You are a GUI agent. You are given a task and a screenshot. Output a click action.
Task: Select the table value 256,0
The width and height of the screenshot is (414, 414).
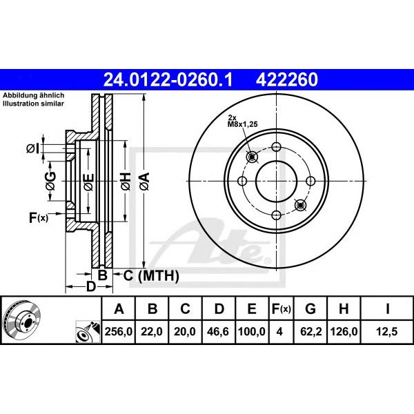click(119, 332)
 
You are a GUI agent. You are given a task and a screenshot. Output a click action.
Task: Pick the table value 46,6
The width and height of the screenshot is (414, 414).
click(219, 332)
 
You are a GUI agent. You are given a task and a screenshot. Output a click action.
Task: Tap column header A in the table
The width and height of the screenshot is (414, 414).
click(119, 308)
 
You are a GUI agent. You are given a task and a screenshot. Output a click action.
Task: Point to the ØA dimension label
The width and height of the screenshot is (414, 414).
click(144, 181)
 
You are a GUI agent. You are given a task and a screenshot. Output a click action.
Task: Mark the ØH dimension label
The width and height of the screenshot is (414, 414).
click(126, 181)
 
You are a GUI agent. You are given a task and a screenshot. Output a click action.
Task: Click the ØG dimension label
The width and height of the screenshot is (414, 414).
click(50, 181)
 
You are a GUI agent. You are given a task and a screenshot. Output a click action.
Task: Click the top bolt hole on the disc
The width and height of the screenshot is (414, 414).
click(276, 147)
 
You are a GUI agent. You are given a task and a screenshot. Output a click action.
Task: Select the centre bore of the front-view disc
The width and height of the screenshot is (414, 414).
click(276, 181)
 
